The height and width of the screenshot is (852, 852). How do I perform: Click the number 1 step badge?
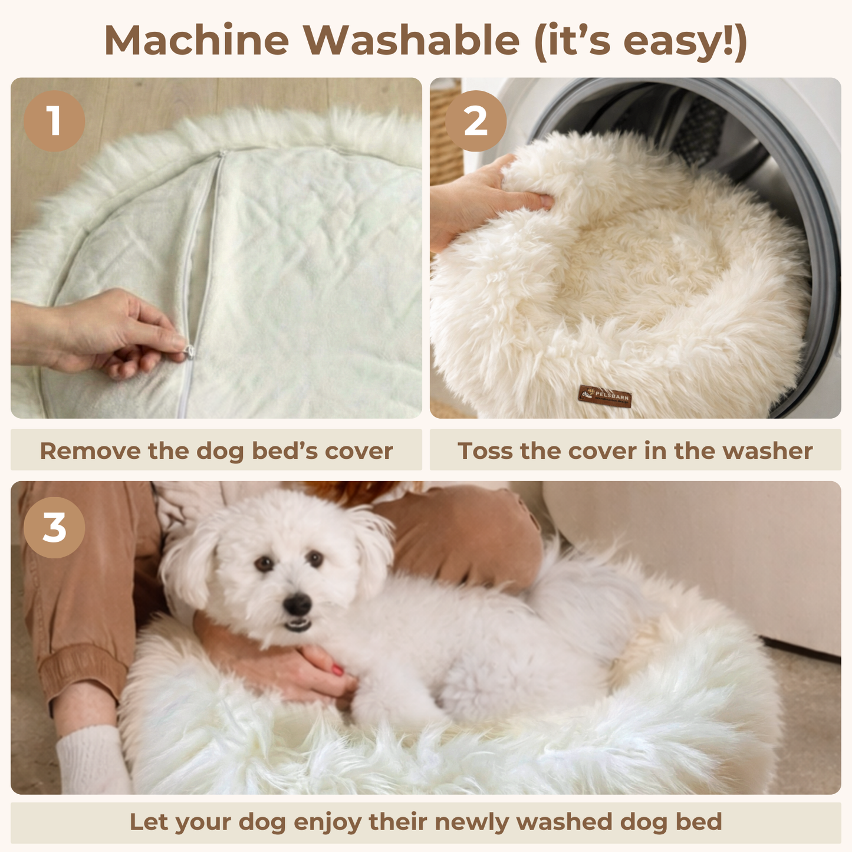(54, 121)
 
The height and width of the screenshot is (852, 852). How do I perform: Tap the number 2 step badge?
(475, 121)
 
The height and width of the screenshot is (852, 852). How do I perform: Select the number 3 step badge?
(54, 528)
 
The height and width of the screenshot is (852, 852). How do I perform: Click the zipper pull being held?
(190, 353)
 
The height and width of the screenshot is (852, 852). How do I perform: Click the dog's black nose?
(297, 603)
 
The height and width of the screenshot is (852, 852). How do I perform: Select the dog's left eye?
(264, 564)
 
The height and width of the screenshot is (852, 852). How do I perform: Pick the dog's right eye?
(315, 558)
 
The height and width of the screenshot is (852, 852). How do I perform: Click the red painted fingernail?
(338, 670)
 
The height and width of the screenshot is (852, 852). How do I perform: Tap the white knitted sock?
(93, 761)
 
